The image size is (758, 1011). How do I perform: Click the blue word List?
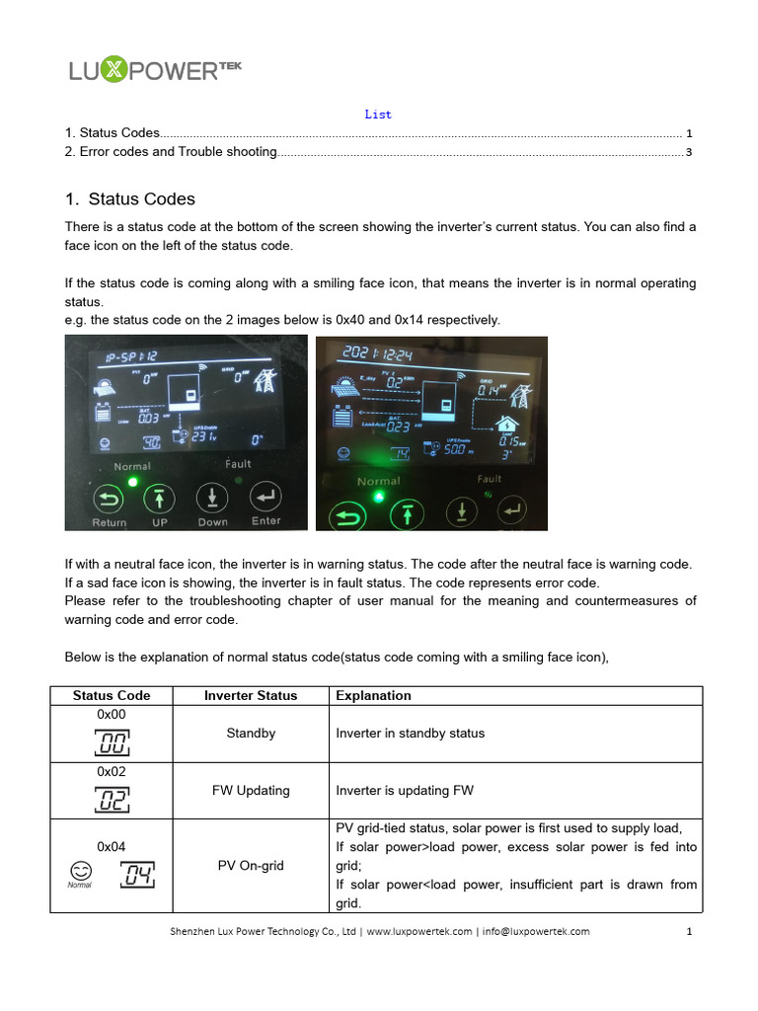click(378, 115)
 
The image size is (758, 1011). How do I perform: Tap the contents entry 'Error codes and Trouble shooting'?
click(178, 152)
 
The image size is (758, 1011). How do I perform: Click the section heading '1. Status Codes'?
click(130, 199)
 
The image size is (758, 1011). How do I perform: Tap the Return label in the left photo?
click(110, 522)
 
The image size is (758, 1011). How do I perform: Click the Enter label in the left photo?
click(265, 520)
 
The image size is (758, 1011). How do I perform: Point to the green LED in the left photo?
click(130, 482)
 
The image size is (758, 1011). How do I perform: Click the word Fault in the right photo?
click(490, 479)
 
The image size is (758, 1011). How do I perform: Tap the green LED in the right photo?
click(377, 497)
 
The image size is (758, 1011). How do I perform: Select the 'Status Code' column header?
click(112, 695)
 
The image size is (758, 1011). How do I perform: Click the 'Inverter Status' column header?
click(251, 695)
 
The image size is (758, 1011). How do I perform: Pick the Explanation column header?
click(373, 695)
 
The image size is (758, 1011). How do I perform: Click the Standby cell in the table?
click(251, 734)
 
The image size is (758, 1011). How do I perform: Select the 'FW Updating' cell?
click(251, 790)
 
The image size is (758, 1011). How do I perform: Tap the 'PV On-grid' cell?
click(251, 865)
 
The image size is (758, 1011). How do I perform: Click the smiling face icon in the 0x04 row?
click(81, 870)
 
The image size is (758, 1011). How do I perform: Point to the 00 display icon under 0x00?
click(113, 742)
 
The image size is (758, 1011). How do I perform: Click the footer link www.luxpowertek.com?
click(419, 931)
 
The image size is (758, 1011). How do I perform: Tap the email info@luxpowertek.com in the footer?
click(536, 931)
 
